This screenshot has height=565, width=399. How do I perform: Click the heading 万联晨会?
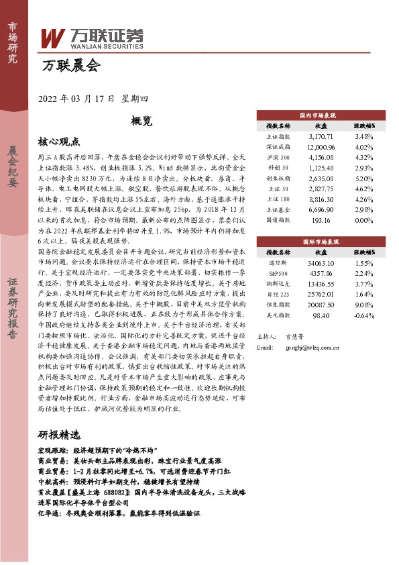[70, 66]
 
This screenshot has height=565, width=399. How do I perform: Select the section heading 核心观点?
[59, 142]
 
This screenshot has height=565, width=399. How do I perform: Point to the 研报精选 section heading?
[58, 433]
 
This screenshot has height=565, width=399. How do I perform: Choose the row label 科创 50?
[278, 168]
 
